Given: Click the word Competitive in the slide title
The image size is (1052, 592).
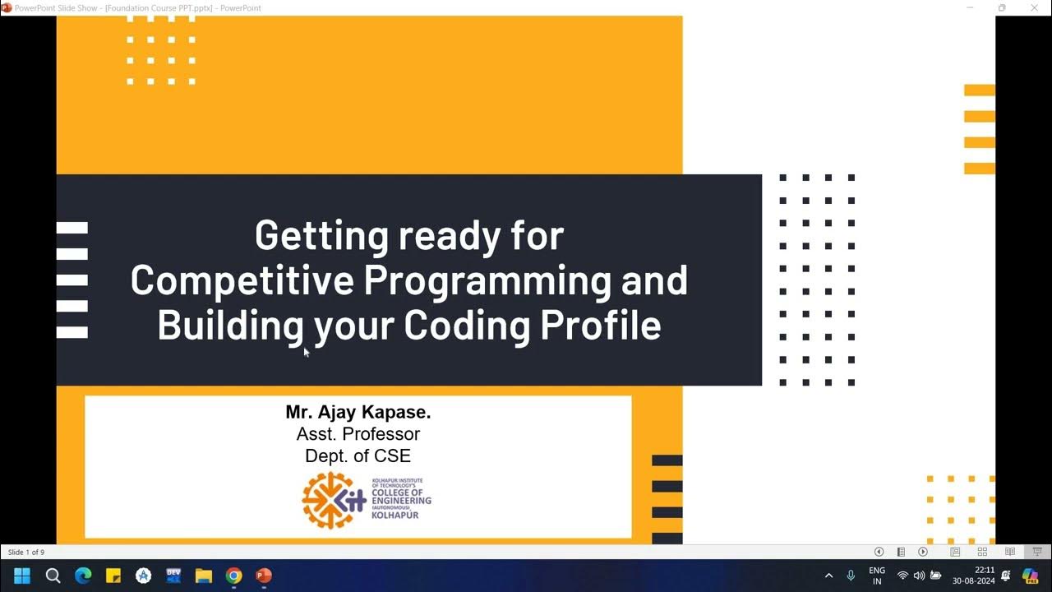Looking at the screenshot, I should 241,281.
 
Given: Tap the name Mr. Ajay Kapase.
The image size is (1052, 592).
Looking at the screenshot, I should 358,412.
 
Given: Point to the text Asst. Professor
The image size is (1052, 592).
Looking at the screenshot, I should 358,434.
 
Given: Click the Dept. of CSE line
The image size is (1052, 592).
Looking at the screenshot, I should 358,456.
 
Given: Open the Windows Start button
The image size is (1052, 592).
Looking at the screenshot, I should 22,576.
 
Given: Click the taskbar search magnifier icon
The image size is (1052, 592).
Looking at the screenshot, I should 53,576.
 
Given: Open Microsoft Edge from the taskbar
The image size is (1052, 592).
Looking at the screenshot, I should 83,576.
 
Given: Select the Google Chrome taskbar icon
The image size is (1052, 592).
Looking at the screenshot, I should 233,576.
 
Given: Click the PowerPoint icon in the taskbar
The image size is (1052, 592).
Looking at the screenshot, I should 264,576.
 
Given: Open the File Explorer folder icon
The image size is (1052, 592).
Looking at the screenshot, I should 204,576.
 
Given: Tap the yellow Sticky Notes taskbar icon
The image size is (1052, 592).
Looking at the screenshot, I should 113,576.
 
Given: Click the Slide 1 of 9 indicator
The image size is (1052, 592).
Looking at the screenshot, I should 26,553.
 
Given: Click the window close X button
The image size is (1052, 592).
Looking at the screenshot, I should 1034,8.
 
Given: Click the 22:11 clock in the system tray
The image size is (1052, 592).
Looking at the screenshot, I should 985,570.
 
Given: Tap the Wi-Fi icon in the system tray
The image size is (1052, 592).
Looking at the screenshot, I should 902,576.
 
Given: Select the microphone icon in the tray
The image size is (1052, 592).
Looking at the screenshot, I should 851,576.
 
